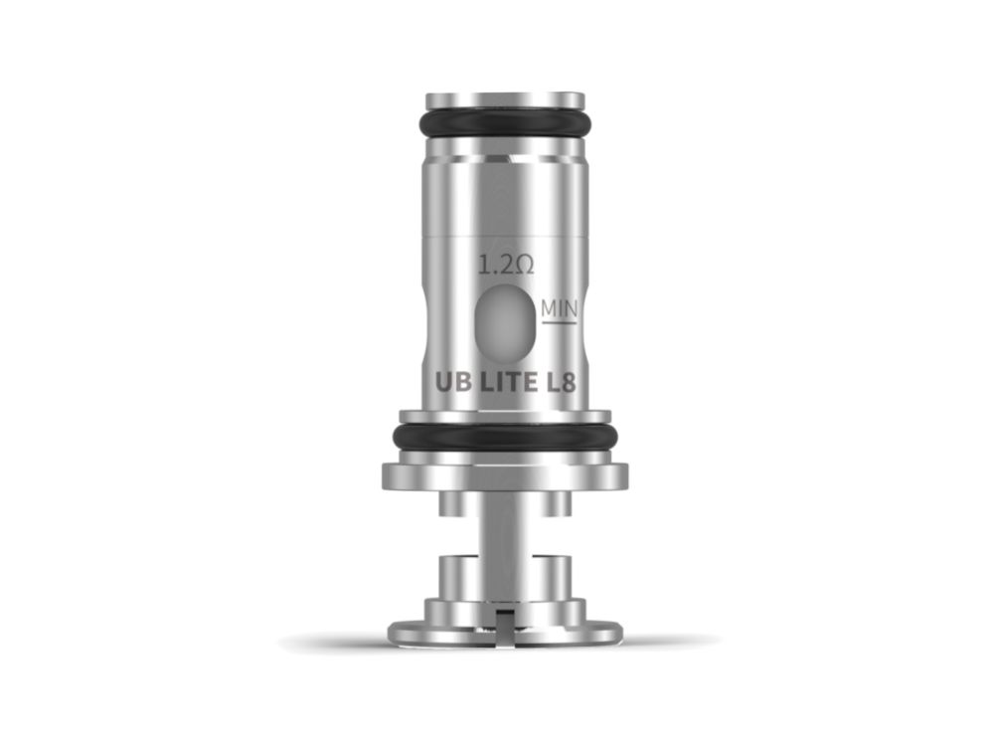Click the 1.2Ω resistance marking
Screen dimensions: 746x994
tap(507, 266)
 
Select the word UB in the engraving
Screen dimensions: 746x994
tap(451, 381)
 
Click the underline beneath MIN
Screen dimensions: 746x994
tap(559, 324)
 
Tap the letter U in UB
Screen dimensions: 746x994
tap(443, 381)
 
